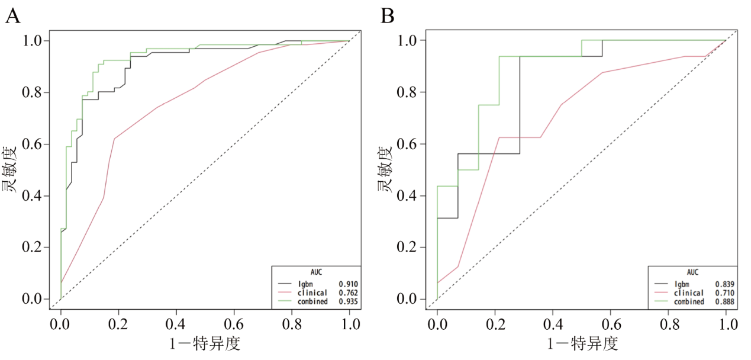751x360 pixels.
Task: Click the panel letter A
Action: click(x=13, y=15)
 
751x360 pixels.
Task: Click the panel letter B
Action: click(x=388, y=15)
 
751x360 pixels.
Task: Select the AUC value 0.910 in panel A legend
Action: click(x=348, y=284)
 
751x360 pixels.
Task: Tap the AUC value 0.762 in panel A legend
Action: click(x=348, y=292)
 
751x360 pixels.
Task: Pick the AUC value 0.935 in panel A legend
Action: click(x=348, y=301)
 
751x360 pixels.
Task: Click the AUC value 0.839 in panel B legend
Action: click(x=725, y=284)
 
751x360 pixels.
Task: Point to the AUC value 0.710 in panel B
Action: click(x=725, y=292)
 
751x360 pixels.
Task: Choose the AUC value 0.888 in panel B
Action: click(x=725, y=301)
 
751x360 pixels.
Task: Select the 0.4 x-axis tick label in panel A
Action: click(x=176, y=324)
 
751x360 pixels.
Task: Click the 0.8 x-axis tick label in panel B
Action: click(x=669, y=324)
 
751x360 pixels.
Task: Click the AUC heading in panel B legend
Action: click(x=692, y=272)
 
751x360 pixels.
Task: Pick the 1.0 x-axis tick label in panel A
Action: click(x=350, y=324)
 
